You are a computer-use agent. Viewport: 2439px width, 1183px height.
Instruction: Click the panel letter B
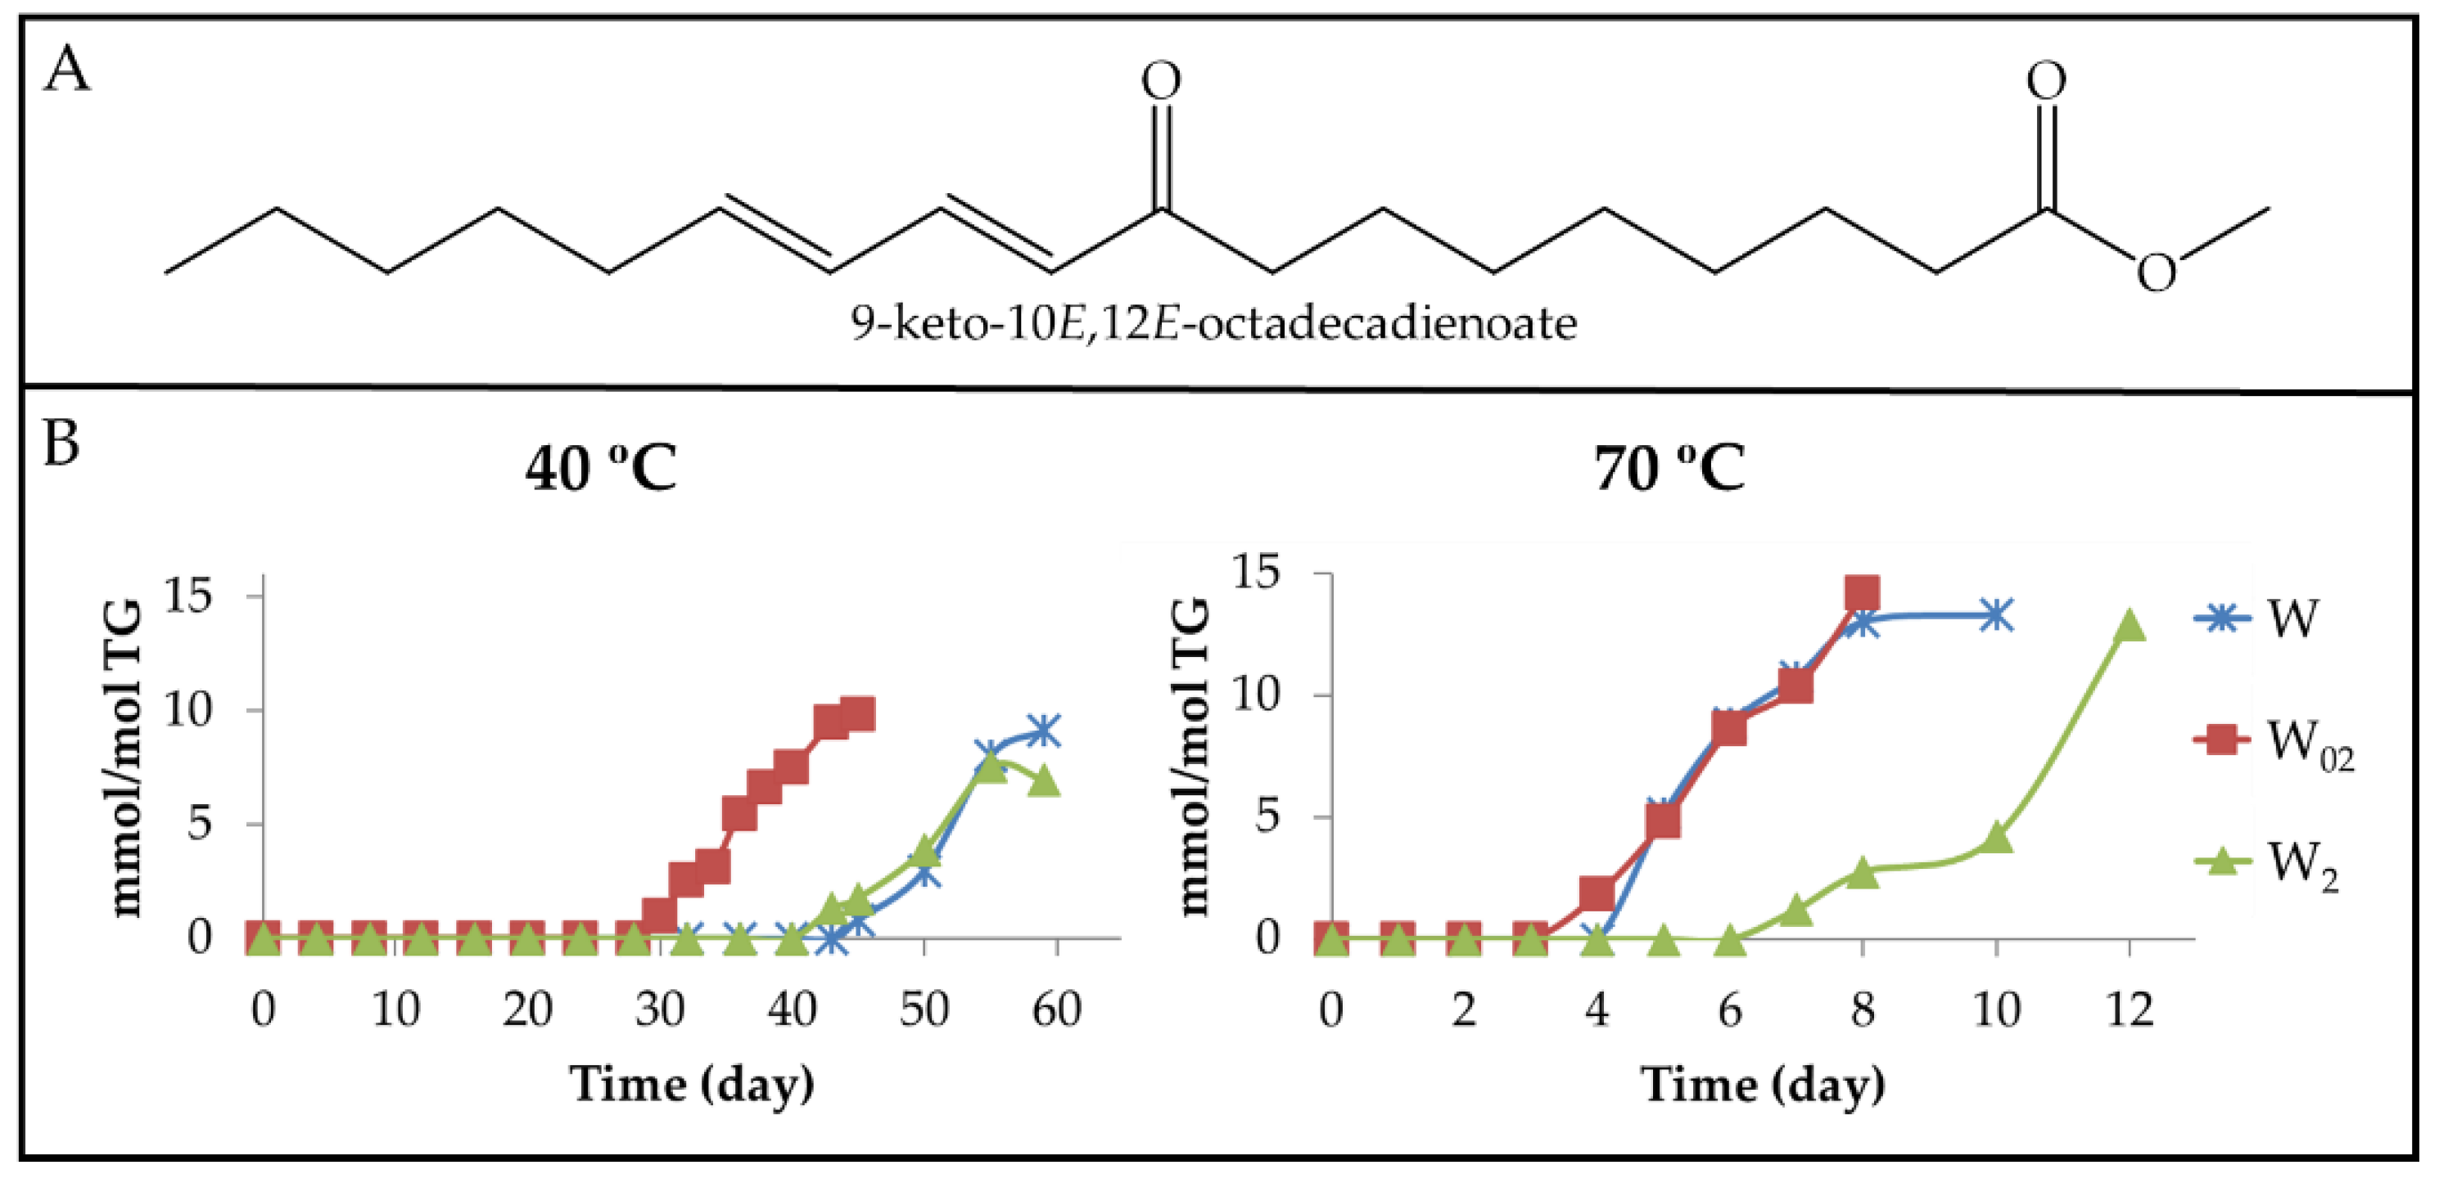tap(61, 443)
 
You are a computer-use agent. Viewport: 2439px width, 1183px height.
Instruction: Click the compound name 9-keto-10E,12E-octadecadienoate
tap(1213, 324)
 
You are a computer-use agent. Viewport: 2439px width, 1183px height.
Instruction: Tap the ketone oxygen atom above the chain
tap(1161, 81)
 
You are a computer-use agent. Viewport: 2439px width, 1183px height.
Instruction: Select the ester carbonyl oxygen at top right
tap(2046, 81)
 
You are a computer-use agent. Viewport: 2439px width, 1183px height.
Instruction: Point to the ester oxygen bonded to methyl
tap(2157, 274)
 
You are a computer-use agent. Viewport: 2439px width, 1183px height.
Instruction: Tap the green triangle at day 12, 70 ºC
tap(2130, 624)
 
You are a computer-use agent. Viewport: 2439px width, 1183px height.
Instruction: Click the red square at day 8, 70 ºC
tap(1862, 593)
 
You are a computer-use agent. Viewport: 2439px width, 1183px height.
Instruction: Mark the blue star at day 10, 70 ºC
tap(1996, 615)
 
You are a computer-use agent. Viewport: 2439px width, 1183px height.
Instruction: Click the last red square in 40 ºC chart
tap(858, 714)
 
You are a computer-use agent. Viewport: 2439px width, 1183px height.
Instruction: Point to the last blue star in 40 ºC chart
tap(1043, 731)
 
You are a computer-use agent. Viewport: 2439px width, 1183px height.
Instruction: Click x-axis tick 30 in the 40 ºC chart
tap(659, 1010)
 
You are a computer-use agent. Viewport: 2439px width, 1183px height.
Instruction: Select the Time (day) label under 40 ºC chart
tap(692, 1085)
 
